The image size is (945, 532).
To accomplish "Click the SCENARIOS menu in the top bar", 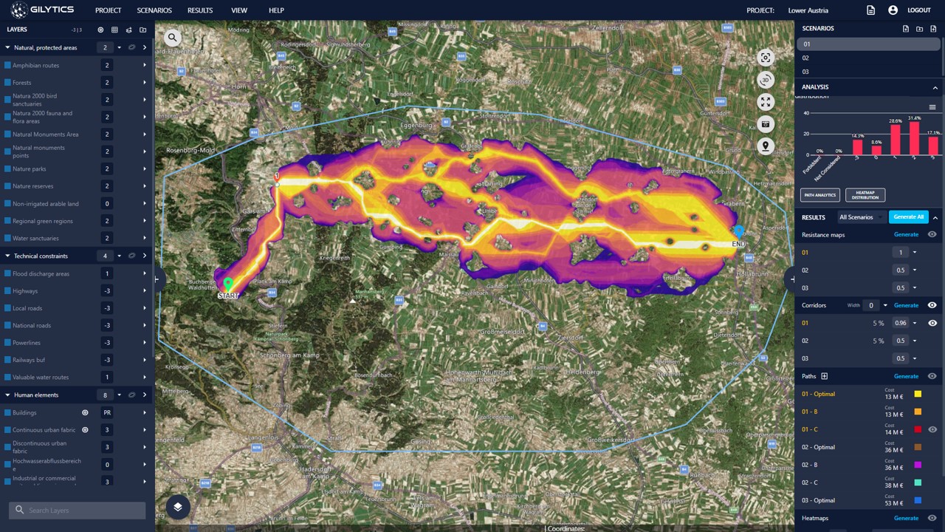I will click(x=154, y=10).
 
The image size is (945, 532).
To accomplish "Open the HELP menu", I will click(x=276, y=10).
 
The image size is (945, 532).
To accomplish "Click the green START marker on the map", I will click(x=228, y=284).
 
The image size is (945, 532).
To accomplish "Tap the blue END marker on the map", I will click(x=738, y=232).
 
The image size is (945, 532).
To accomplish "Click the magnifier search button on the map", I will click(x=172, y=38).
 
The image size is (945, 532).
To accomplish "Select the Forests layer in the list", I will click(x=22, y=83).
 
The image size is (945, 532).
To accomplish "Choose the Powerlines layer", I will click(x=27, y=343).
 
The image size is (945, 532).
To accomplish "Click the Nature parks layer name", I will click(x=30, y=169).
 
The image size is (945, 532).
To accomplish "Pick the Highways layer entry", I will click(x=25, y=291).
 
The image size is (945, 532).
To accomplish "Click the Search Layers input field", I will click(x=81, y=510).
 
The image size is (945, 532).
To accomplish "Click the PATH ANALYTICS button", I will click(x=820, y=195).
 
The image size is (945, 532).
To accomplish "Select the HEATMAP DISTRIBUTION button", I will click(x=865, y=195).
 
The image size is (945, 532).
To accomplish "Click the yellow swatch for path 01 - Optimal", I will click(x=918, y=394).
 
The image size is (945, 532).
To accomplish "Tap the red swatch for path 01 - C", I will click(x=918, y=429).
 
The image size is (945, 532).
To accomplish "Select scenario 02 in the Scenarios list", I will click(x=805, y=58).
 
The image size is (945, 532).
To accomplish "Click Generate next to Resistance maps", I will click(x=906, y=234).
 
